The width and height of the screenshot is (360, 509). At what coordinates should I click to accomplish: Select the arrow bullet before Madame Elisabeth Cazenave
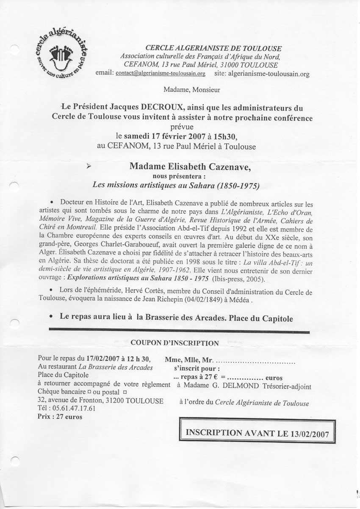[x=89, y=167]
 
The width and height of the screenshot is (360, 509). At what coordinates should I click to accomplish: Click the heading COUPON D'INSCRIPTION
[x=175, y=343]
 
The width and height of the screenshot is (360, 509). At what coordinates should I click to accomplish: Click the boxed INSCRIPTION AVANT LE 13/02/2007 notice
[x=258, y=433]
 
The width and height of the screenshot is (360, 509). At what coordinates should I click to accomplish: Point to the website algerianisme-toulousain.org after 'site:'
[x=269, y=74]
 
